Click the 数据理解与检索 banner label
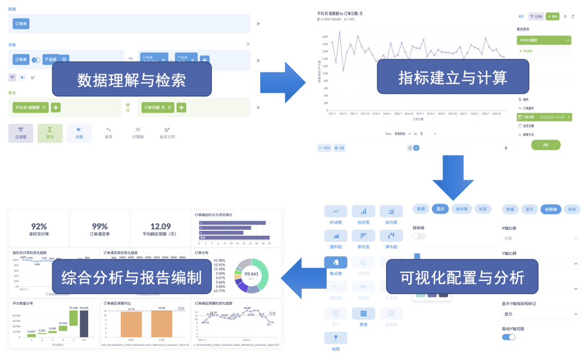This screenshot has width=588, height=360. (131, 80)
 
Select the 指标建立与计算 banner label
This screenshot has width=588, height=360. (452, 77)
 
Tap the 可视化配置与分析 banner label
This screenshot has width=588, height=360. (462, 277)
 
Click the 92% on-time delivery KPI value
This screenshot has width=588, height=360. (39, 226)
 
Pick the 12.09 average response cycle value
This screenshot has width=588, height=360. (160, 226)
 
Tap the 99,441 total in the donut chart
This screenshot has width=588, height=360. (252, 274)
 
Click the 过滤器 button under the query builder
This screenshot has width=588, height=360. (21, 133)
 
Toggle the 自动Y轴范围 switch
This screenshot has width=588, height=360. (509, 337)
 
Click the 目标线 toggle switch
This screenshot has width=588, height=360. (419, 236)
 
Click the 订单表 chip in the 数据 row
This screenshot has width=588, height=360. (22, 24)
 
